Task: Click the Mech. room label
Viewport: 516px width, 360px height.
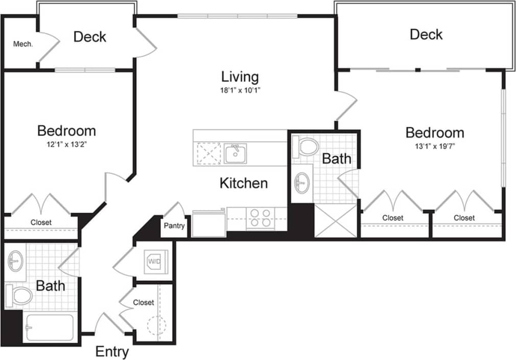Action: click(23, 44)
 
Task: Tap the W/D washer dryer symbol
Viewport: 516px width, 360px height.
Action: click(154, 261)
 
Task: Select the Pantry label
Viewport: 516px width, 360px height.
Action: click(174, 226)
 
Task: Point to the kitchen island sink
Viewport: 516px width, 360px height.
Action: click(235, 153)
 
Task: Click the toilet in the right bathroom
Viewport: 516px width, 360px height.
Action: click(306, 147)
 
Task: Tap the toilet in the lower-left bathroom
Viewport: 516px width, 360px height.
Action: click(19, 295)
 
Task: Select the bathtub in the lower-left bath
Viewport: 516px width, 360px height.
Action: click(49, 327)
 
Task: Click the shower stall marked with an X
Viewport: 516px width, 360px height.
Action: click(335, 220)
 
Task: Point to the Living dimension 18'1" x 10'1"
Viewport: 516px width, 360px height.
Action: click(240, 92)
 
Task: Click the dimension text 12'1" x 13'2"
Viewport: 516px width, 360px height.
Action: click(66, 145)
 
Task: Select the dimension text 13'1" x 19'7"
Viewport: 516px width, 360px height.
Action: click(435, 147)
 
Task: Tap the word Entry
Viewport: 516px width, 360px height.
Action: click(112, 352)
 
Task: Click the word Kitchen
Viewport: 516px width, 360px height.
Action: click(244, 183)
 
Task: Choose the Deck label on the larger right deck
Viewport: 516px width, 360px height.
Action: click(426, 35)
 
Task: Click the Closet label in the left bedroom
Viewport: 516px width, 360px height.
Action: click(41, 222)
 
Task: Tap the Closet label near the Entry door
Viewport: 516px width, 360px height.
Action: click(144, 302)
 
